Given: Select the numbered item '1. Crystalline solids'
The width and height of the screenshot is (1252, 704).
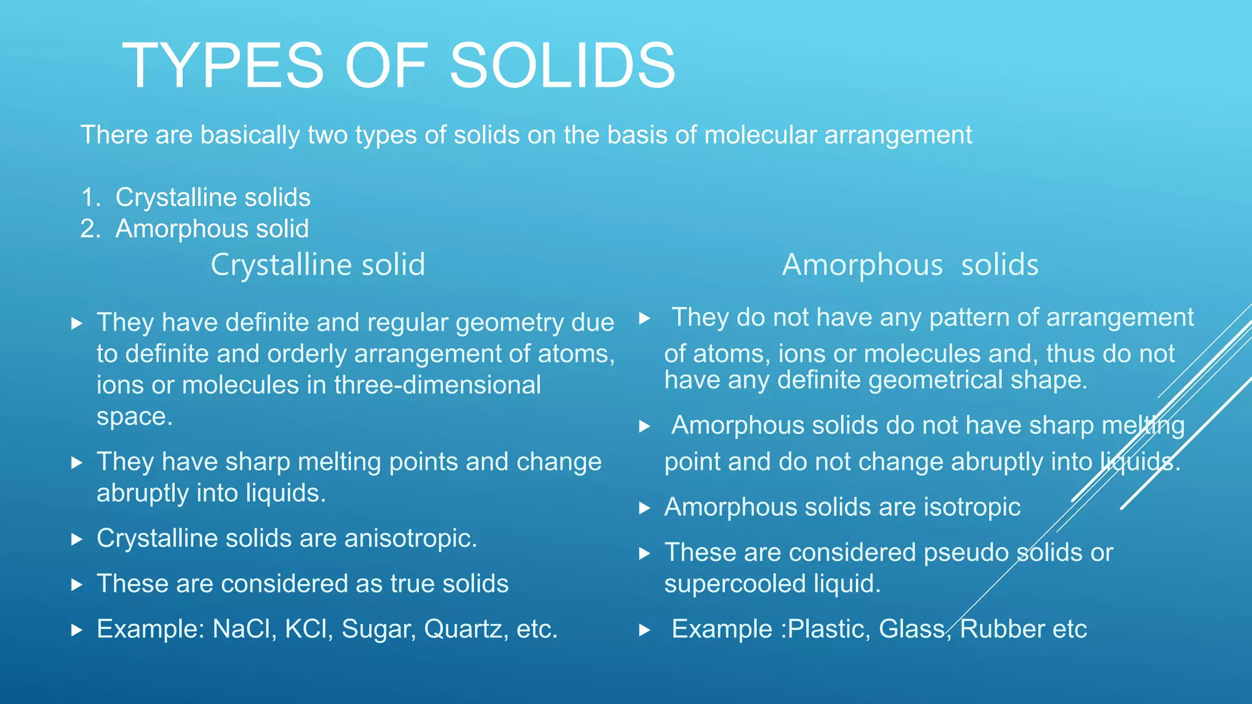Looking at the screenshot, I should [x=196, y=197].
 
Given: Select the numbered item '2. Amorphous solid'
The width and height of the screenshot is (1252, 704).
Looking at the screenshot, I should [x=194, y=229].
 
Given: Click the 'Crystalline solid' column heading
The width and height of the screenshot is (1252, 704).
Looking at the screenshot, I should [x=318, y=265].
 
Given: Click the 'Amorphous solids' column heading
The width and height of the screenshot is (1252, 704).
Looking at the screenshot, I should [x=910, y=265].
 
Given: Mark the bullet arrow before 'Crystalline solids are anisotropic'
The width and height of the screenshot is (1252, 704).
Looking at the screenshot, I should [x=76, y=539].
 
